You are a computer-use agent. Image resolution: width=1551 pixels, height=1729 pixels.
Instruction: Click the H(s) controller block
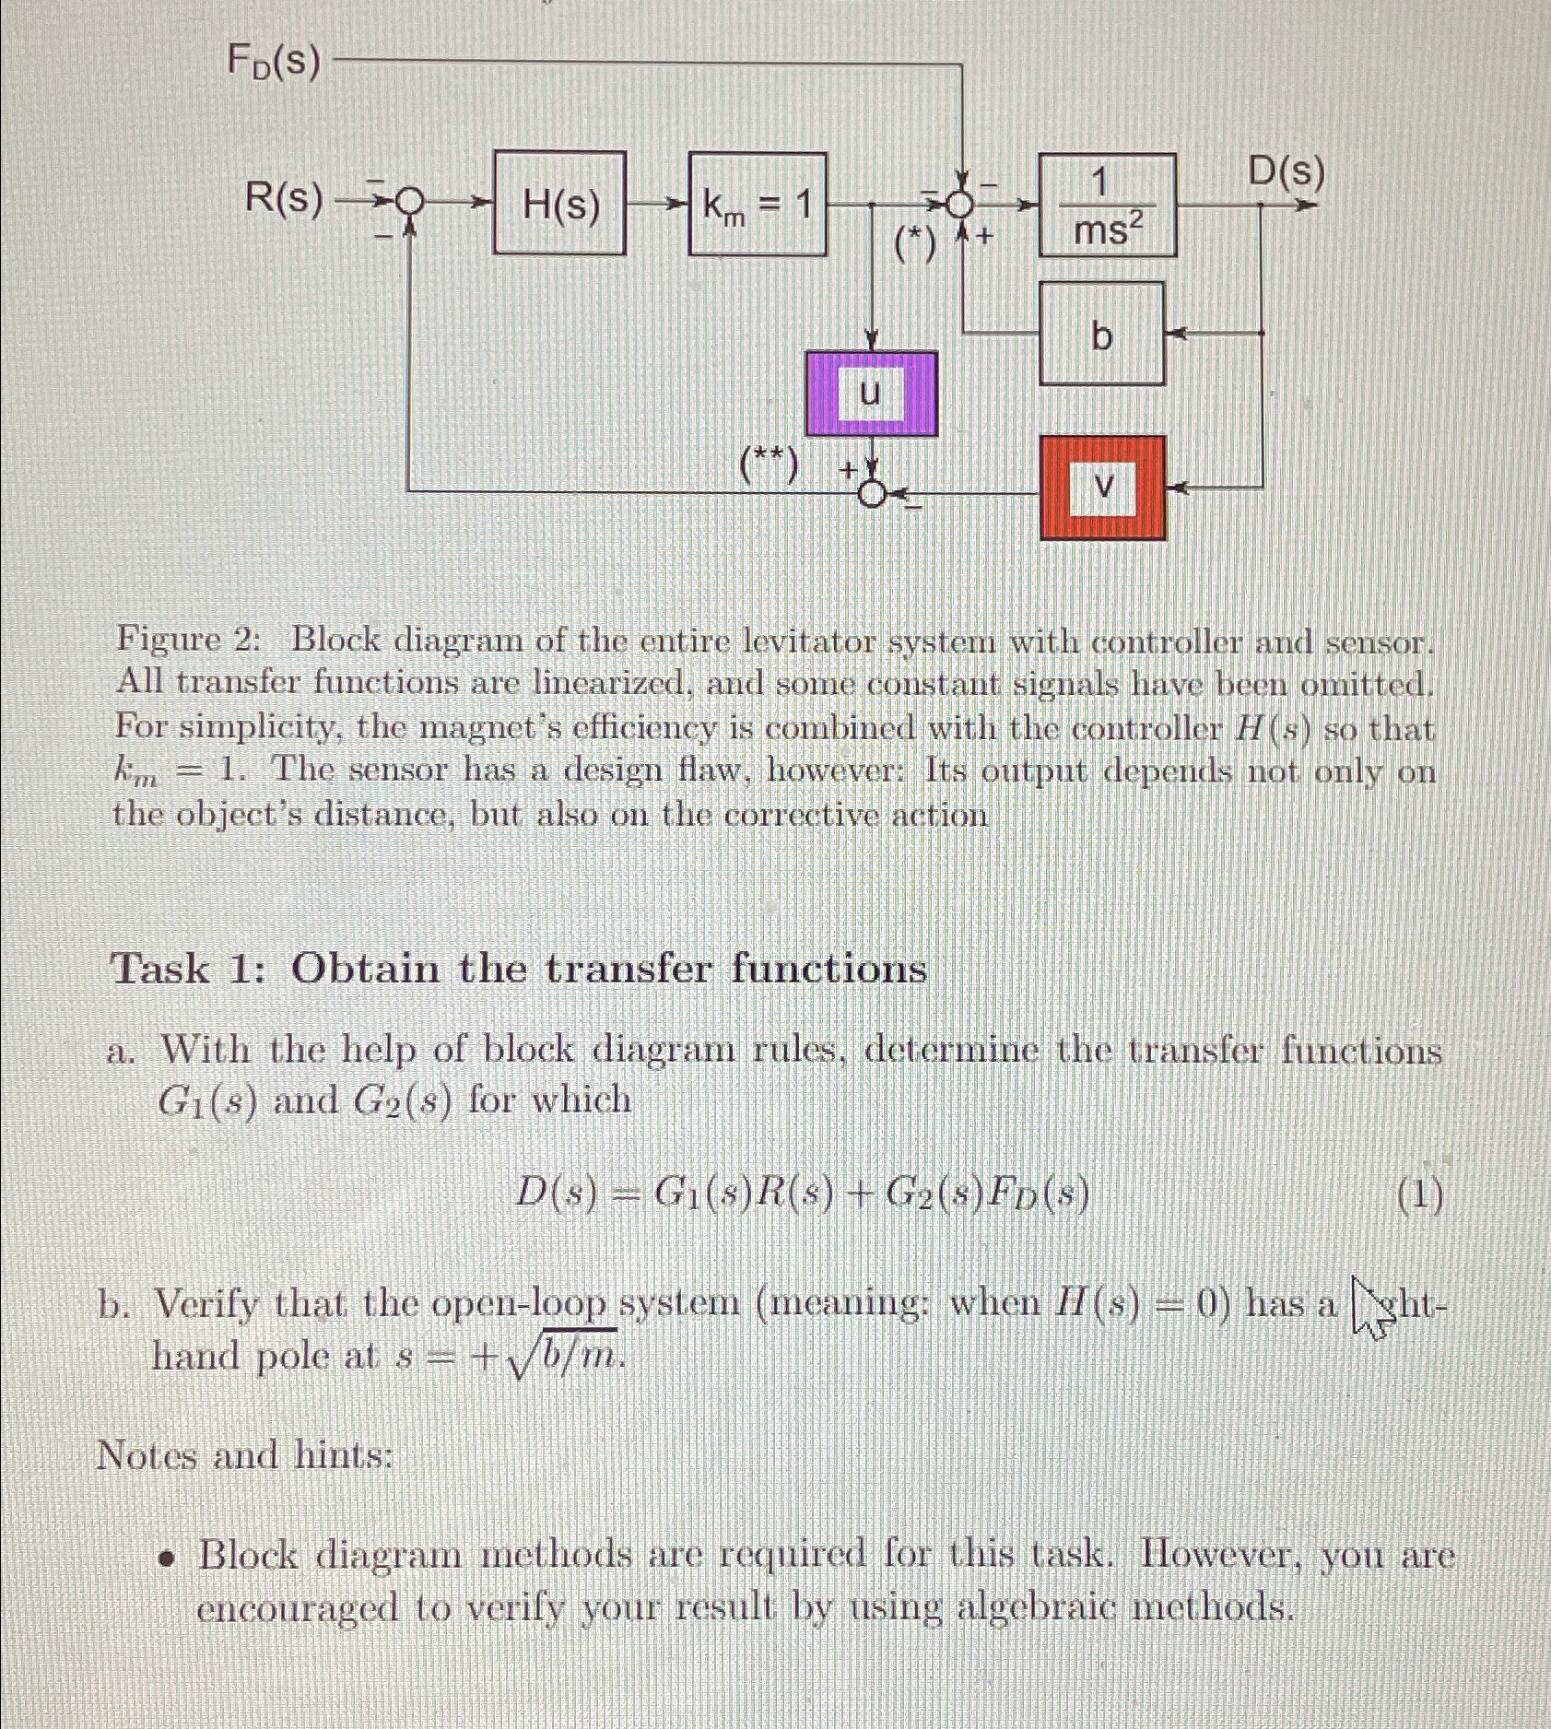point(559,204)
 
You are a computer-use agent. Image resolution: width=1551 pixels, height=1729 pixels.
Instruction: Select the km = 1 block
point(757,204)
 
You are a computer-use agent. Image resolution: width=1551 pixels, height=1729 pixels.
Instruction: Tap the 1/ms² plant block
point(1108,206)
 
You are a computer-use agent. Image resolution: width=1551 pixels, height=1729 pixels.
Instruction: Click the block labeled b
point(1101,334)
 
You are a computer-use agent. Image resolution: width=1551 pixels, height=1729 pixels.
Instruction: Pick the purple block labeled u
point(871,394)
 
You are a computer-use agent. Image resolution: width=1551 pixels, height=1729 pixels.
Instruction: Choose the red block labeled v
point(1102,488)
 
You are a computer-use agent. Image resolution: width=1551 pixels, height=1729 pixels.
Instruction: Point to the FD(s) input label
point(273,63)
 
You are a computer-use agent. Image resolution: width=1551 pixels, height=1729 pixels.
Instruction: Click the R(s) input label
point(284,199)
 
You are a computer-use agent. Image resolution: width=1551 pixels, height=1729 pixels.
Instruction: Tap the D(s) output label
point(1286,172)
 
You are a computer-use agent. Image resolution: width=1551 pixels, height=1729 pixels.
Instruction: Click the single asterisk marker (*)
point(915,243)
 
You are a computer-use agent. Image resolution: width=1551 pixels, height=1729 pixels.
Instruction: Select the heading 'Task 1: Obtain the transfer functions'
point(518,969)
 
